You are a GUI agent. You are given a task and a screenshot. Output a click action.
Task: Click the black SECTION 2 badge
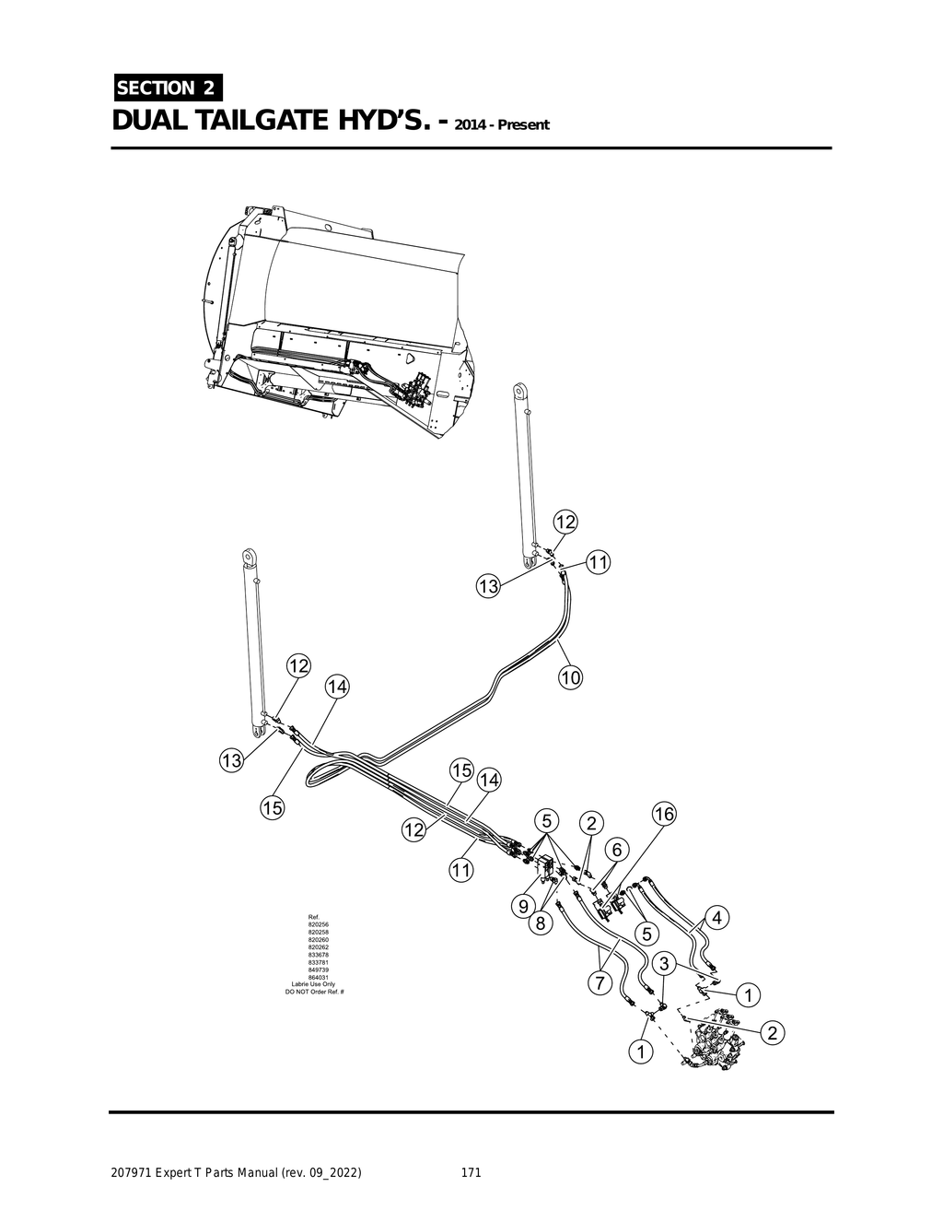pyautogui.click(x=166, y=88)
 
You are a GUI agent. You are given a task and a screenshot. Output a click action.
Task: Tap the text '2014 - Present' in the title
pyautogui.click(x=501, y=124)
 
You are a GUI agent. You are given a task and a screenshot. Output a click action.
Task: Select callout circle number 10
pyautogui.click(x=570, y=677)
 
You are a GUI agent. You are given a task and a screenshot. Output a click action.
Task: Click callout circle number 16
pyautogui.click(x=663, y=814)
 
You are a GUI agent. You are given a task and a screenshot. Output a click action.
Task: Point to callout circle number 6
pyautogui.click(x=616, y=850)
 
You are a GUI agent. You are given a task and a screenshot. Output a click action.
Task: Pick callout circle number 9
pyautogui.click(x=523, y=906)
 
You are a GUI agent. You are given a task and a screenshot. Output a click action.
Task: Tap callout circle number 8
pyautogui.click(x=541, y=922)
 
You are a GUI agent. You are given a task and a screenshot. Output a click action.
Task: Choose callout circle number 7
pyautogui.click(x=599, y=983)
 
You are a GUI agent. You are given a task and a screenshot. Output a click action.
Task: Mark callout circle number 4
pyautogui.click(x=716, y=918)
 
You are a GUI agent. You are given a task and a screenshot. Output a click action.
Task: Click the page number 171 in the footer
pyautogui.click(x=471, y=1173)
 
